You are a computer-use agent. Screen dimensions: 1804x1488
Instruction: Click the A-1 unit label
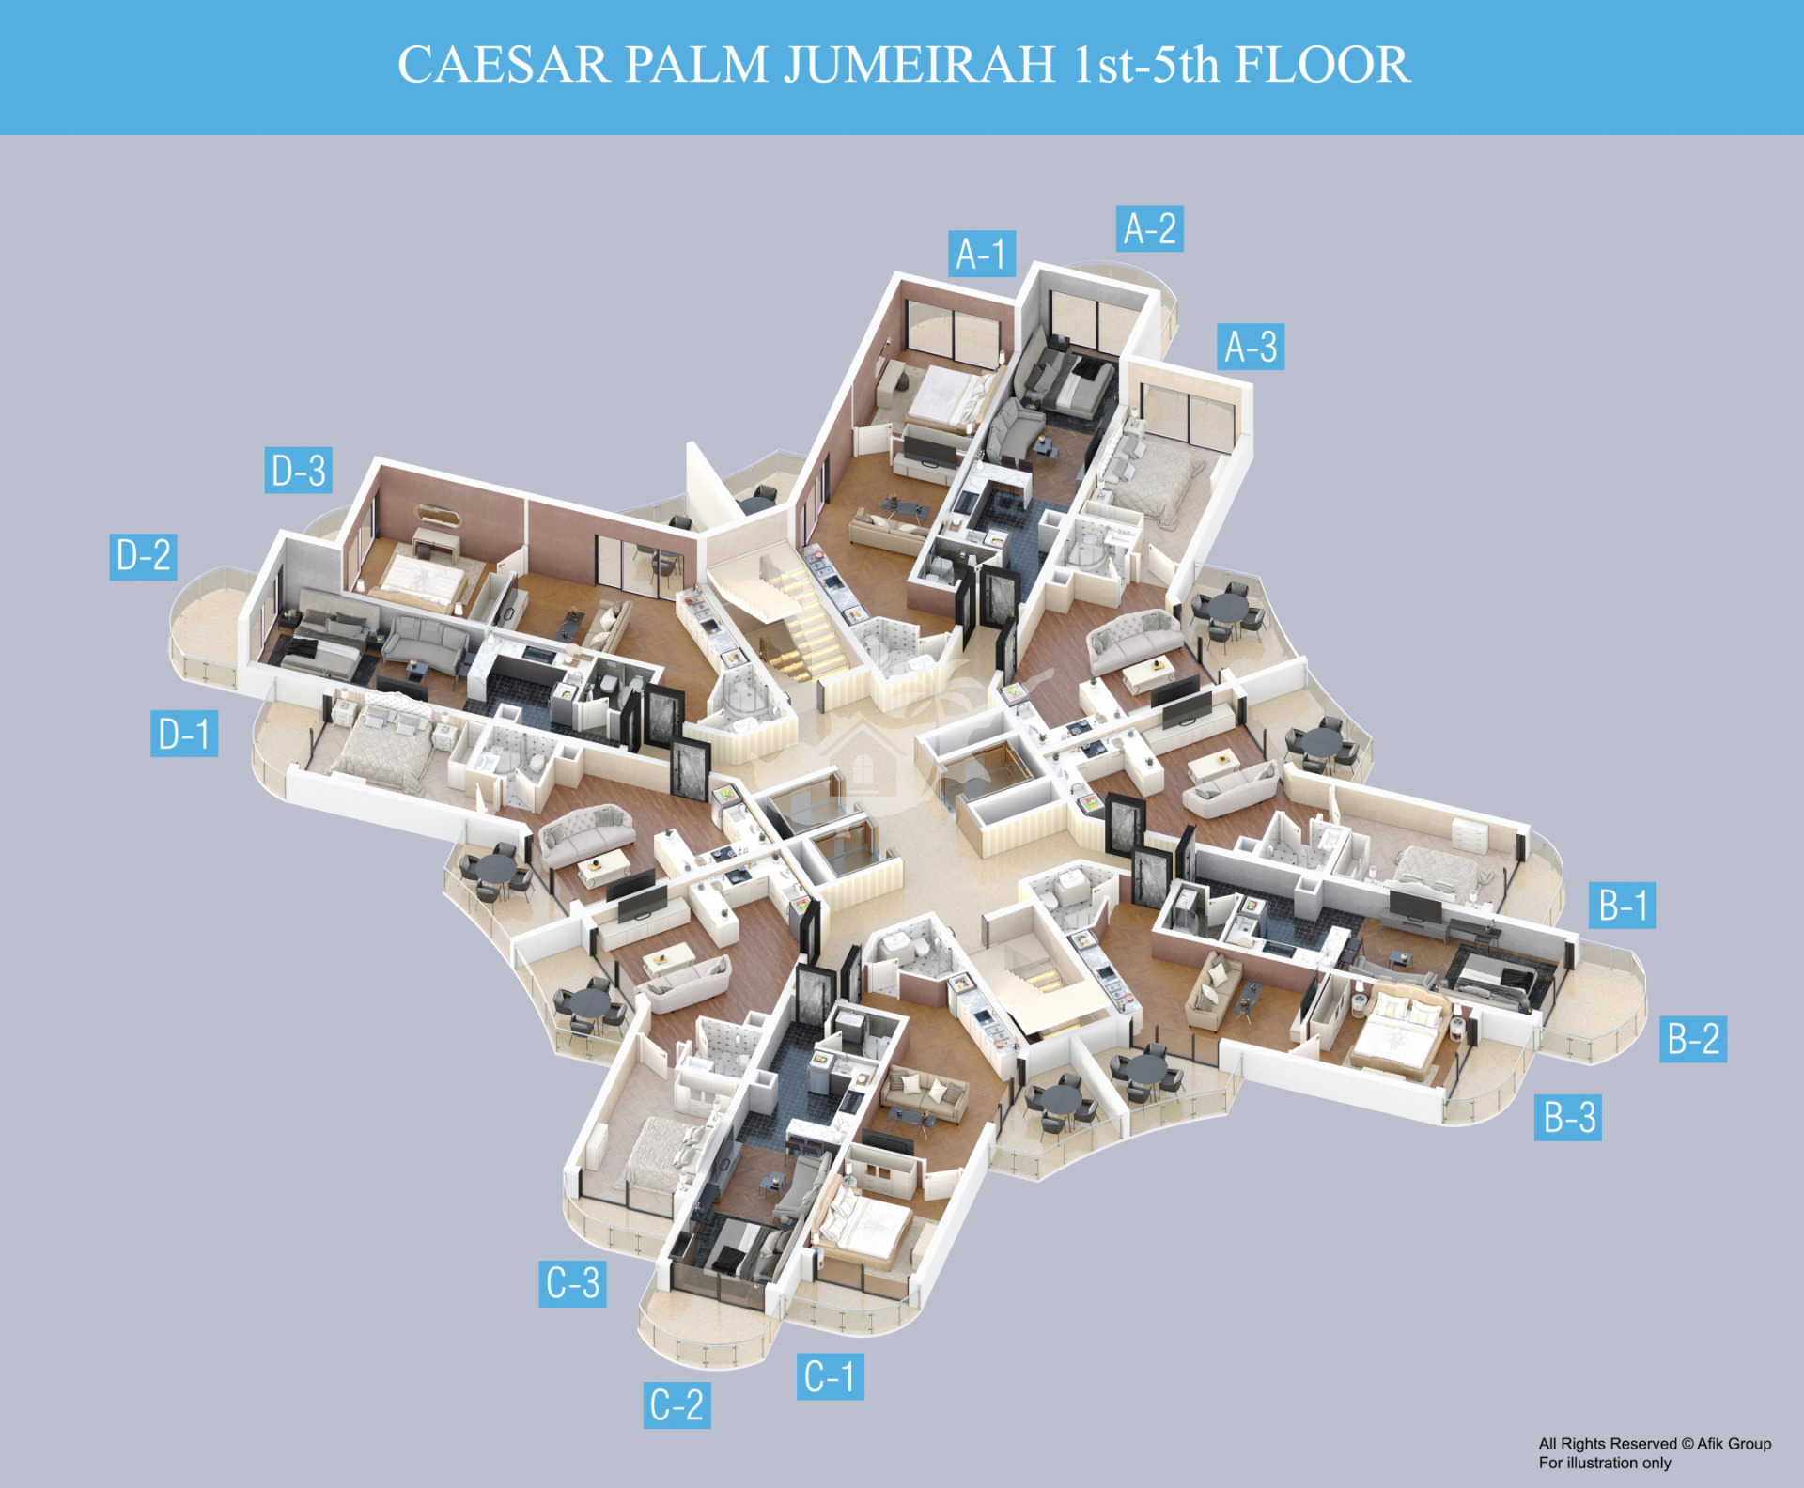[981, 254]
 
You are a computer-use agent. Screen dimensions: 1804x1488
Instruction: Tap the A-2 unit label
[1149, 228]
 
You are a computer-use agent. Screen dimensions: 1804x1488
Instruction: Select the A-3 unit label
[1251, 347]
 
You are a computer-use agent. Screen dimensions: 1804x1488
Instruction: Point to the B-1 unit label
[1623, 906]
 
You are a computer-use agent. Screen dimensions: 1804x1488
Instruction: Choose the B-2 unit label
[1693, 1039]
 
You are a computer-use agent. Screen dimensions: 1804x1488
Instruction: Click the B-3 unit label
[1568, 1117]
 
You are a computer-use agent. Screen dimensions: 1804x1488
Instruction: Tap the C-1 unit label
[830, 1376]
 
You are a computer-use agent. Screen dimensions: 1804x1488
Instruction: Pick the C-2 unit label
[676, 1405]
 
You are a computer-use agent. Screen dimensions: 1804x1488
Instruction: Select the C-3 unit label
[572, 1283]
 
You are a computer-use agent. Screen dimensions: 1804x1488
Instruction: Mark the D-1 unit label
[184, 734]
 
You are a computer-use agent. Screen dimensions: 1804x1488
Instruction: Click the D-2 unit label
[143, 556]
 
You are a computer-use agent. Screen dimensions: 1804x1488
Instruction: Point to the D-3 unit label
[299, 471]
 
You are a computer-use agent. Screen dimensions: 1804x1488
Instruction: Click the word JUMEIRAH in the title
[920, 65]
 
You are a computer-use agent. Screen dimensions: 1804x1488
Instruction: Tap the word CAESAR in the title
[504, 65]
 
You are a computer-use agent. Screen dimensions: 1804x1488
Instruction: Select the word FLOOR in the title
[1322, 65]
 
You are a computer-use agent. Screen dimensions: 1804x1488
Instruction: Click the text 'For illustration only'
[1605, 1463]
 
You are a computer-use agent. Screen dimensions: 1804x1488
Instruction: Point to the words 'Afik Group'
[1734, 1444]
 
